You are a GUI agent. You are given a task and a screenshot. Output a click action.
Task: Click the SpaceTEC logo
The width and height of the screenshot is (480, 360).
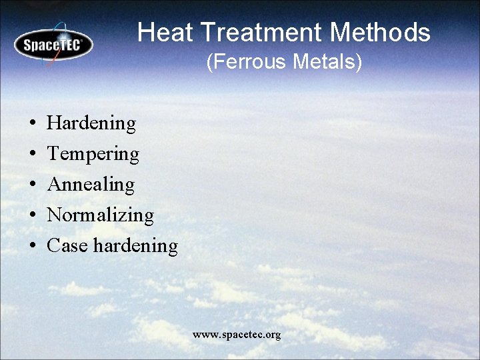pyautogui.click(x=53, y=44)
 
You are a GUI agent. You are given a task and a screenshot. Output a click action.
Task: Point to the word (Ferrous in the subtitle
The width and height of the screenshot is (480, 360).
pyautogui.click(x=244, y=63)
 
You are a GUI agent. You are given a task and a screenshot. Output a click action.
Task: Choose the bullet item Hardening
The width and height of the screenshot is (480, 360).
pyautogui.click(x=91, y=123)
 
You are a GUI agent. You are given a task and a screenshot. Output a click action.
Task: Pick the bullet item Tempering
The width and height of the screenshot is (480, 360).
pyautogui.click(x=93, y=154)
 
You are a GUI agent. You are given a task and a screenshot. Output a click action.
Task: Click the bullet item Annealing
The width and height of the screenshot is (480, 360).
pyautogui.click(x=91, y=185)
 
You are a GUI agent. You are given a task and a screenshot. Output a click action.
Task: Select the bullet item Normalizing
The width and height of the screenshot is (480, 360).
pyautogui.click(x=100, y=215)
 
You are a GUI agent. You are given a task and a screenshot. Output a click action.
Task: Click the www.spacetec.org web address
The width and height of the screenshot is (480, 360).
pyautogui.click(x=237, y=334)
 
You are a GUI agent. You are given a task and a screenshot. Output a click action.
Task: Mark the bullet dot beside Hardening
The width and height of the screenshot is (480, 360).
pyautogui.click(x=32, y=124)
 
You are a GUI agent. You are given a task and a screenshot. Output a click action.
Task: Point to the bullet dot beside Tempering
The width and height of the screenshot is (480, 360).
pyautogui.click(x=32, y=155)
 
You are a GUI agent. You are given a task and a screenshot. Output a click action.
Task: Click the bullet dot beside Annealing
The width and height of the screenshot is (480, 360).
pyautogui.click(x=32, y=185)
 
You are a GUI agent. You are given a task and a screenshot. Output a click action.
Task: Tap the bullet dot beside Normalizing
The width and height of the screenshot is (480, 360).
pyautogui.click(x=32, y=216)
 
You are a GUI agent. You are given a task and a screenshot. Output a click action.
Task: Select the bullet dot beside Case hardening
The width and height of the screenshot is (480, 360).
pyautogui.click(x=32, y=247)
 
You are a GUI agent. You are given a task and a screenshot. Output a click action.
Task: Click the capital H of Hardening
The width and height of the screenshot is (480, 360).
pyautogui.click(x=53, y=123)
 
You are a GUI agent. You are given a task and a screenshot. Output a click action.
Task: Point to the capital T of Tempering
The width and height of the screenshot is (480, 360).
pyautogui.click(x=53, y=154)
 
